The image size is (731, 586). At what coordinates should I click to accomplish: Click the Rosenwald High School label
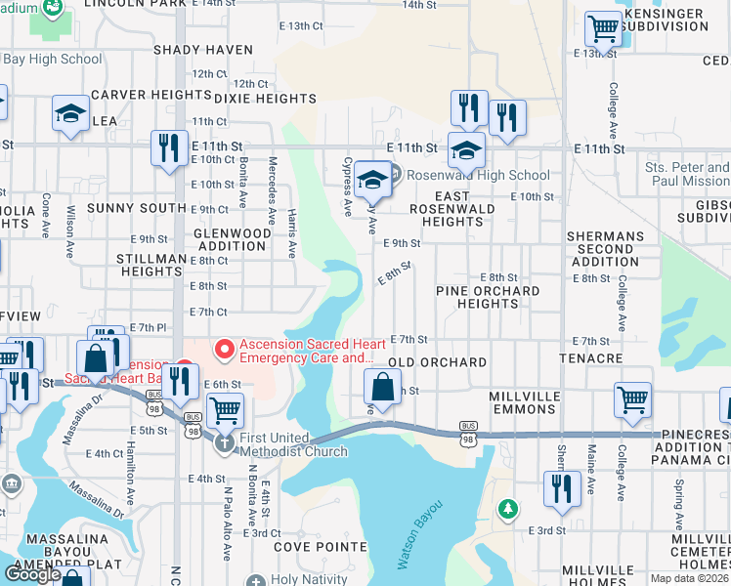point(478,176)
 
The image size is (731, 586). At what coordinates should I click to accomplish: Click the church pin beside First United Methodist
point(224,443)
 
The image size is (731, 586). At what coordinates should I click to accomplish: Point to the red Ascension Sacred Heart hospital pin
point(225,347)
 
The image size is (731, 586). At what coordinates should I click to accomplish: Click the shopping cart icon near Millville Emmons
point(632,398)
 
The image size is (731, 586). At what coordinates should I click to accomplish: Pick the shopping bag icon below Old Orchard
point(382,387)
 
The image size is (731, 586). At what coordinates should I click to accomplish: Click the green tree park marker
point(507,509)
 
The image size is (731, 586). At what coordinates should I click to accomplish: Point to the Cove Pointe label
point(313,547)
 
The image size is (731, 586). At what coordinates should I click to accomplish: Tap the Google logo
point(32,574)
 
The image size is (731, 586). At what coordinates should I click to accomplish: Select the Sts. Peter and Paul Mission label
point(687,174)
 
